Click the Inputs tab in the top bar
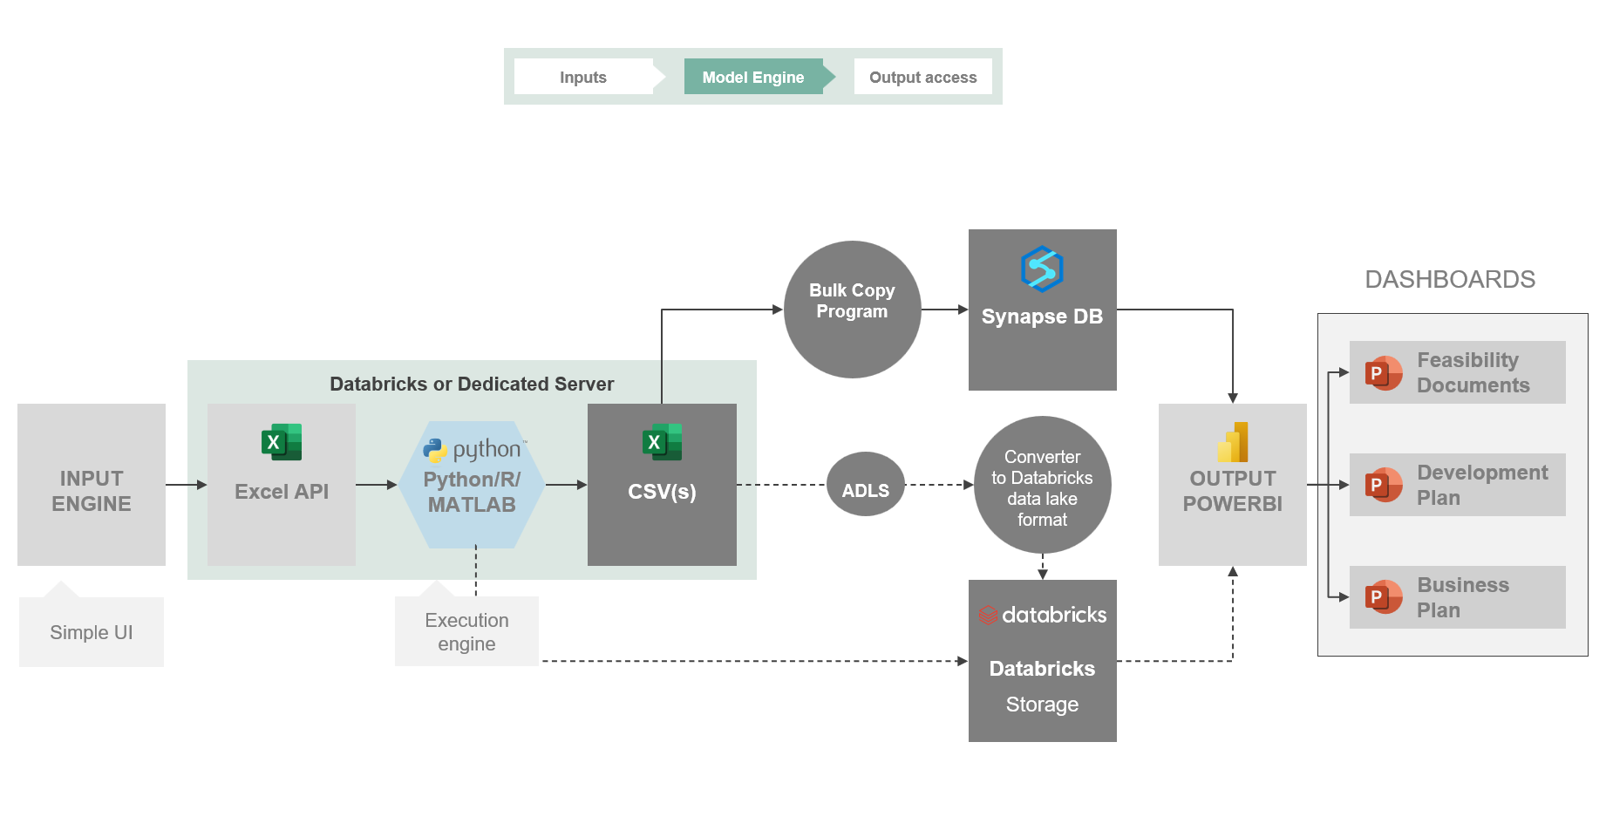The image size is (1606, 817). click(x=583, y=77)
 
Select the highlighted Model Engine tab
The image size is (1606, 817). click(x=753, y=77)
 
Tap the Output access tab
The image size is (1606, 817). click(x=922, y=77)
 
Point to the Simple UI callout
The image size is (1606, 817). click(x=92, y=632)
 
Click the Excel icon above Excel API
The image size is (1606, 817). click(x=282, y=442)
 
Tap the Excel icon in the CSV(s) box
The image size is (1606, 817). click(x=662, y=442)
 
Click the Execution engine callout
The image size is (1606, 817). click(x=466, y=632)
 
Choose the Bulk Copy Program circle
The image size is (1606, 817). click(x=852, y=310)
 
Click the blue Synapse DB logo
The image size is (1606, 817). click(x=1042, y=269)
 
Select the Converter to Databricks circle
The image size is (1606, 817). click(x=1042, y=486)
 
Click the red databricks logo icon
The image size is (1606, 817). click(x=988, y=616)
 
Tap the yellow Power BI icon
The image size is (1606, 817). click(x=1233, y=442)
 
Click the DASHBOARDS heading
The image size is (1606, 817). click(x=1450, y=279)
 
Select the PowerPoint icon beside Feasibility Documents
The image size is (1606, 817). click(x=1383, y=373)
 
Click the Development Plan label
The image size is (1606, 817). click(x=1482, y=485)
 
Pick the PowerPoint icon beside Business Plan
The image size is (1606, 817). click(x=1383, y=597)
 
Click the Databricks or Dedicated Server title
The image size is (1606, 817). click(x=472, y=384)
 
